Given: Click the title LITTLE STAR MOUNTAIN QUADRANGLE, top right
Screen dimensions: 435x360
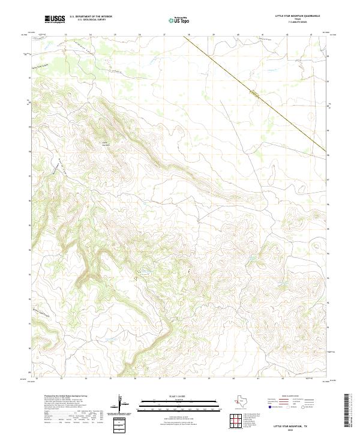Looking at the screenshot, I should click(x=298, y=16).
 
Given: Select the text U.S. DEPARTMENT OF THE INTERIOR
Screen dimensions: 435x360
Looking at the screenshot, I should click(x=91, y=16).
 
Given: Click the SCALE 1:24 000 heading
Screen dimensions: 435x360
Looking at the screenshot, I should click(x=169, y=397).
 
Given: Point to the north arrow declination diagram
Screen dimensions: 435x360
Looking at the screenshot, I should click(x=121, y=404).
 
